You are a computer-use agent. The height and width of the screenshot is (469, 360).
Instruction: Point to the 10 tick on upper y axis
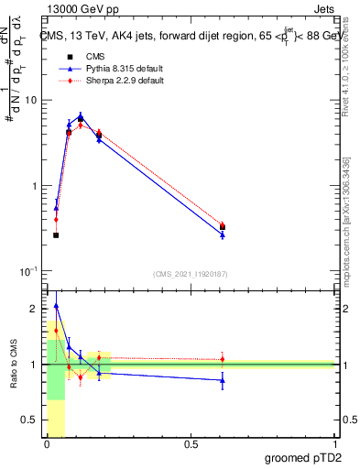[x=34, y=100]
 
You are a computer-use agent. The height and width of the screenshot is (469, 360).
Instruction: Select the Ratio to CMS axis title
[x=14, y=365]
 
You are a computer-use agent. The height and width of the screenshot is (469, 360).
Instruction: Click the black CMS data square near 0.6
[x=223, y=227]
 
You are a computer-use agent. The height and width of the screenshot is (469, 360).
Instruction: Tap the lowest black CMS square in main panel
[x=56, y=235]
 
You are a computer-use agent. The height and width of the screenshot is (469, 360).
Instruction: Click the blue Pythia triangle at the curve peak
[x=81, y=116]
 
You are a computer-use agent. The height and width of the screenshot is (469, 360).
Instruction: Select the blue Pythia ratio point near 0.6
[x=223, y=379]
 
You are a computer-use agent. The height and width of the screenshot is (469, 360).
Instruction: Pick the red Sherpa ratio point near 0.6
[x=223, y=359]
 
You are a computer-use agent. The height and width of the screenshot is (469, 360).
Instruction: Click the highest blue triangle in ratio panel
[x=56, y=306]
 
